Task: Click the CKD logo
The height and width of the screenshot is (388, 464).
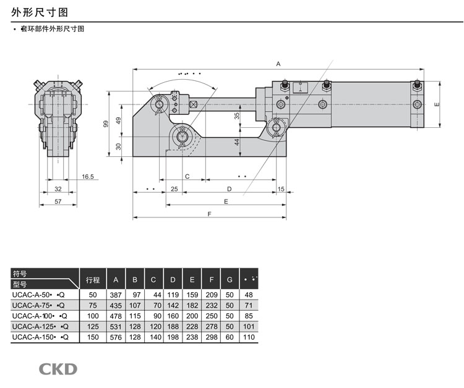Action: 58,369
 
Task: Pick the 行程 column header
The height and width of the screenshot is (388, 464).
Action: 93,279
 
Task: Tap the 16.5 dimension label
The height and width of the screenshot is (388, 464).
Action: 88,177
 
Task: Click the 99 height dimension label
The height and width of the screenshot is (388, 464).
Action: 106,124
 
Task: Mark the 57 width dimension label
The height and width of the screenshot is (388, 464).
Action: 58,201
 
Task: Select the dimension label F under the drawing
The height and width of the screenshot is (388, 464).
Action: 210,214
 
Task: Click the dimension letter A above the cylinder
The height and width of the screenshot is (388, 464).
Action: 278,64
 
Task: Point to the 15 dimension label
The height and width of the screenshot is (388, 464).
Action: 281,188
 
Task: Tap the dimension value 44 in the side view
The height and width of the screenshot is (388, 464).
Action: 237,141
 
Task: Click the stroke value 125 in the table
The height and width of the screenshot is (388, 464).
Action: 93,327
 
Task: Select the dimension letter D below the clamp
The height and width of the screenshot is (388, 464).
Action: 229,188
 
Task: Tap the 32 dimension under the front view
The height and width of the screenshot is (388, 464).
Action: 58,188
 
